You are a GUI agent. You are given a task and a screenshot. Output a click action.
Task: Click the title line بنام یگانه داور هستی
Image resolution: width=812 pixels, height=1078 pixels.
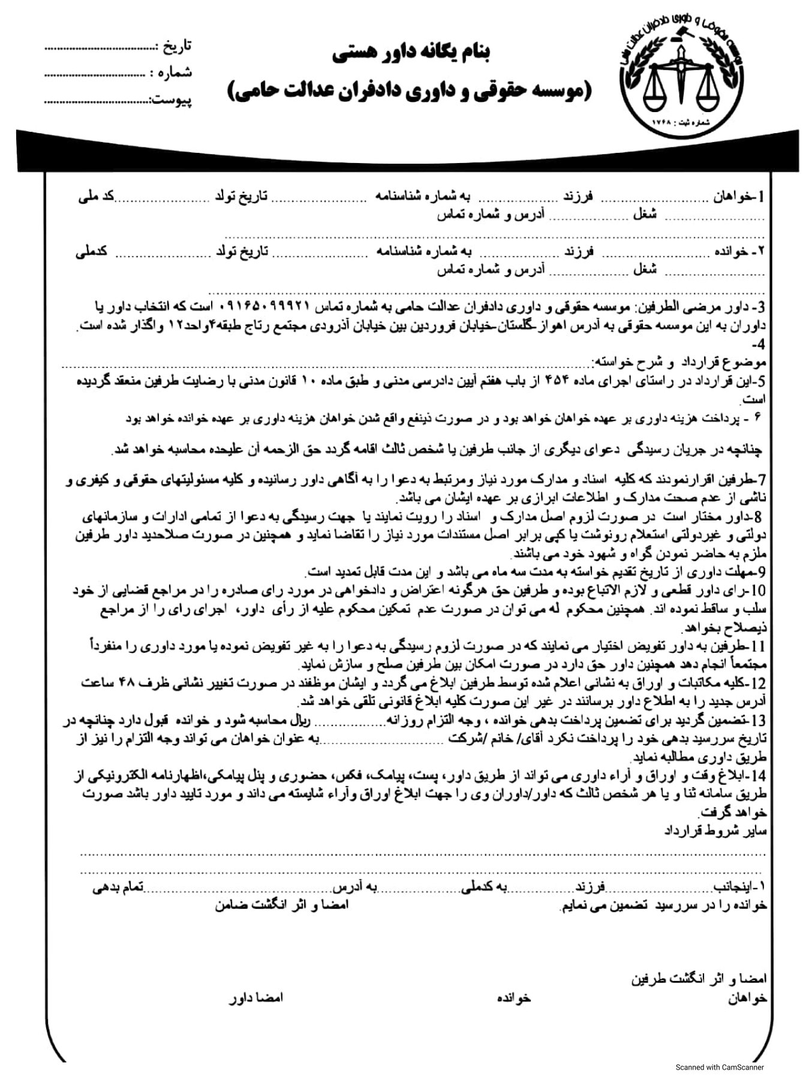point(410,54)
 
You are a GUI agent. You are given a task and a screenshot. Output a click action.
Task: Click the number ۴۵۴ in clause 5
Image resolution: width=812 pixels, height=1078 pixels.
point(559,381)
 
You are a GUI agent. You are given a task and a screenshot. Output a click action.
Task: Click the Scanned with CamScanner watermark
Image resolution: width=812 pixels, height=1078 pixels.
point(720,1067)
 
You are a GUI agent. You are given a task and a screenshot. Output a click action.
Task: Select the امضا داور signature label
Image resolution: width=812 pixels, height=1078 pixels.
point(257,998)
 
